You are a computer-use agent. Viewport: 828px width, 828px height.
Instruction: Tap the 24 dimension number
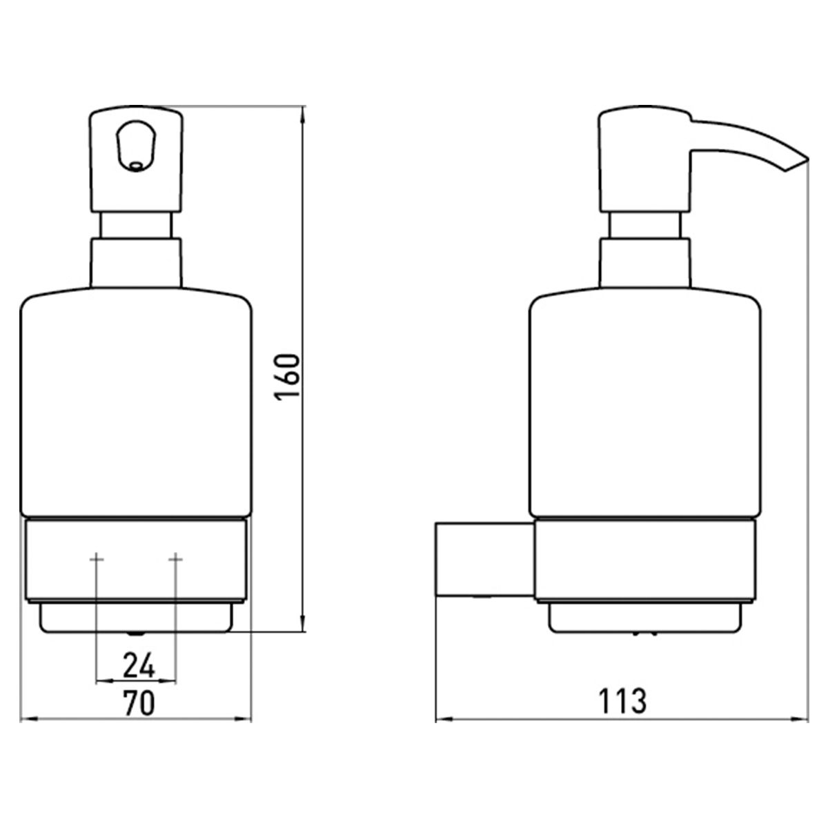(139, 666)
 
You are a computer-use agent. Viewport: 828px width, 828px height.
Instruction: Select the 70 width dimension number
(139, 703)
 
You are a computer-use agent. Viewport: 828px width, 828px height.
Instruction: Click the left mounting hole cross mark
(97, 559)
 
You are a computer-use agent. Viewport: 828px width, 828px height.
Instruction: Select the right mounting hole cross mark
(175, 559)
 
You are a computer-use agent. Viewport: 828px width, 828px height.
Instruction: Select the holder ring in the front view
(136, 560)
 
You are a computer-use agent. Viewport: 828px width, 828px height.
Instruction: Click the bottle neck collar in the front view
(136, 262)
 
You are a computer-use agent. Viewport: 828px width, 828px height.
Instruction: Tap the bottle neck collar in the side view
(645, 262)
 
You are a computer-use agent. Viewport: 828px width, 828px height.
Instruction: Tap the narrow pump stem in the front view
(136, 225)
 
